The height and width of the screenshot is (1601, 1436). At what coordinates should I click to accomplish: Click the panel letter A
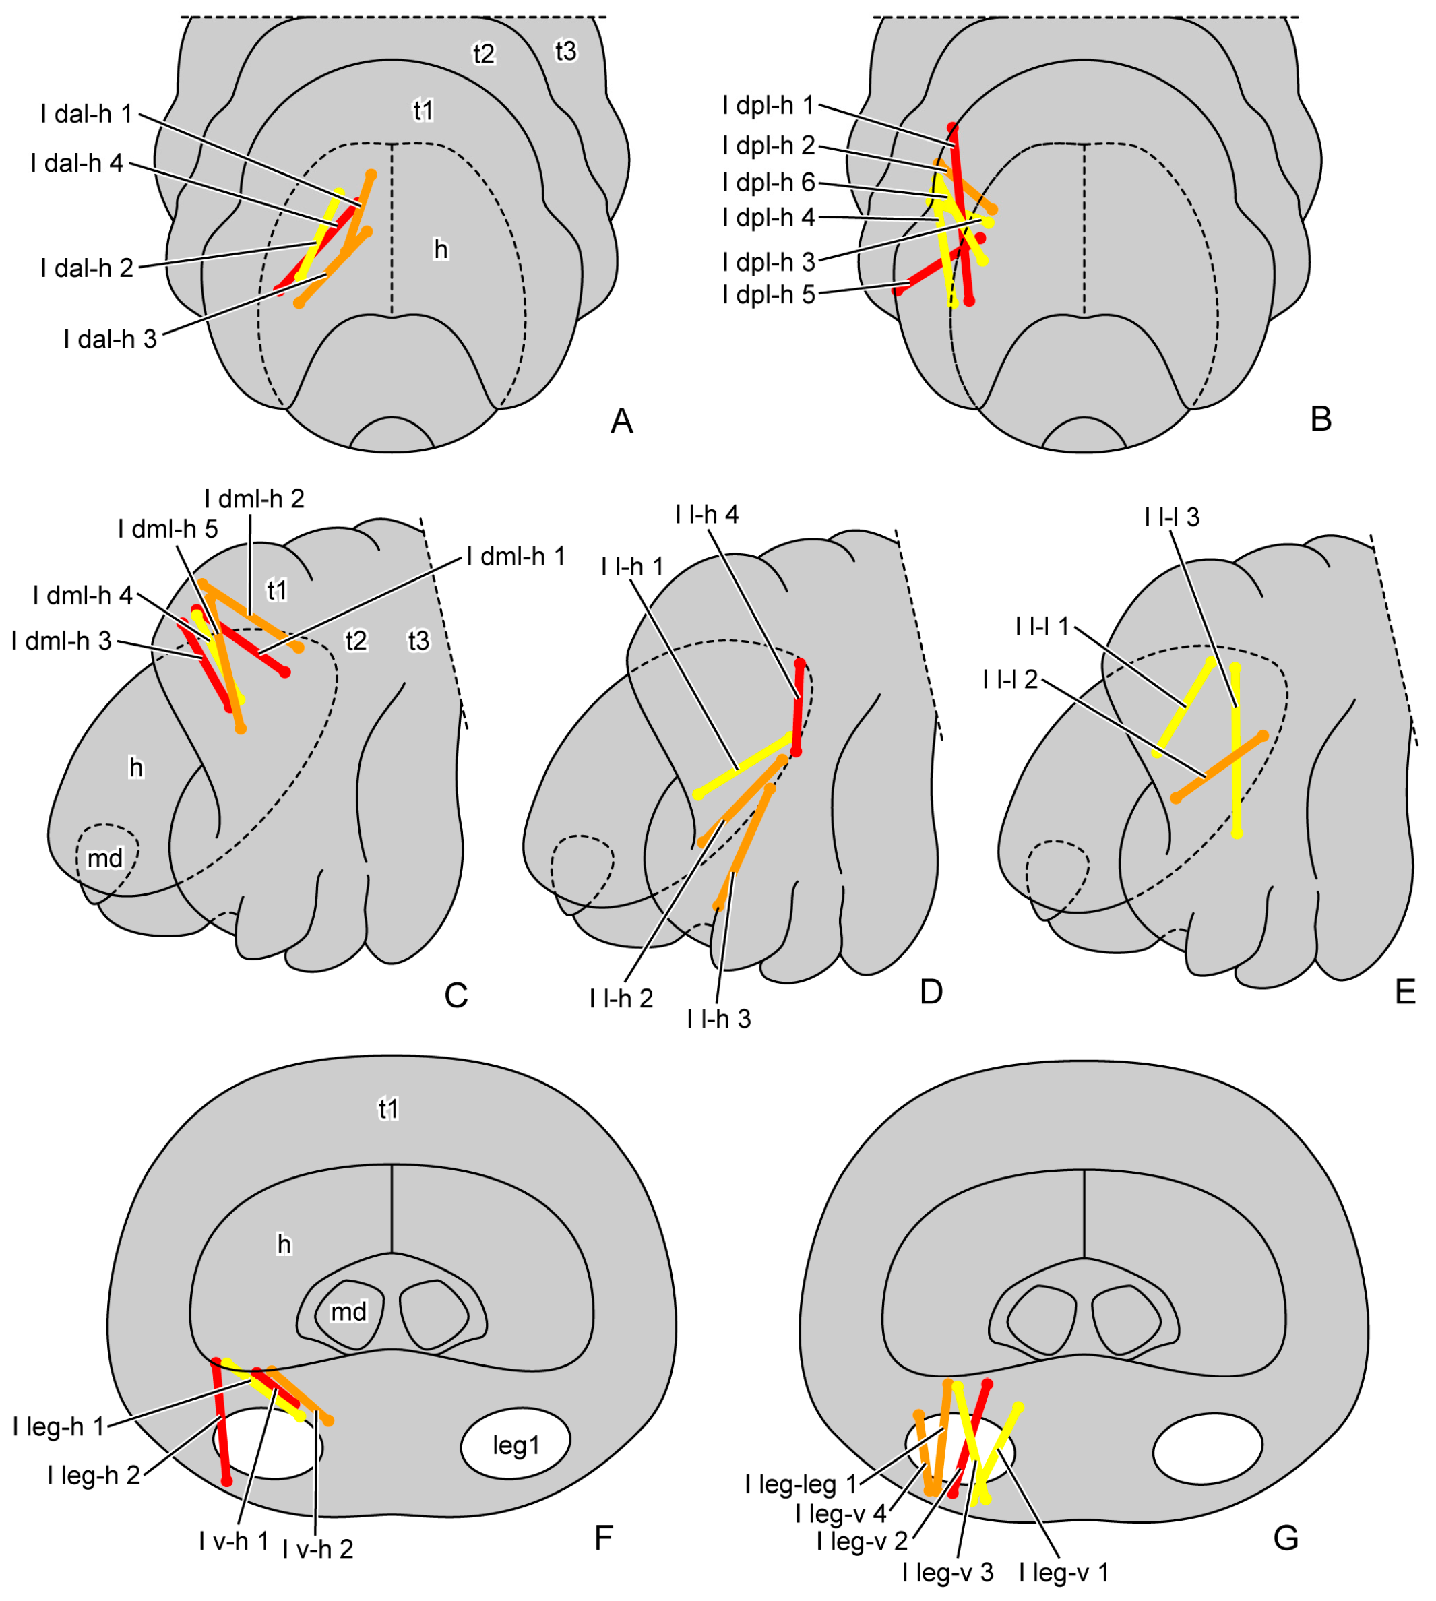pos(622,421)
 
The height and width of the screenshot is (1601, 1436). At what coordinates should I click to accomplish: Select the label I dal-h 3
pos(110,340)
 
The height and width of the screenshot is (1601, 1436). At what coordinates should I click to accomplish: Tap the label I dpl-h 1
pos(768,105)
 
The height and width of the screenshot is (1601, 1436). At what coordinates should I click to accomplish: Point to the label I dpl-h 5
pos(768,295)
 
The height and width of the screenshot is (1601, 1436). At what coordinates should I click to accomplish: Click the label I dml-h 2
pos(254,499)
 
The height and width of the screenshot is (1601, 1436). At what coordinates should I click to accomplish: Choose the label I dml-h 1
pos(516,557)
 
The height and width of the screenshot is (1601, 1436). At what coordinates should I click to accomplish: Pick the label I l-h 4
pos(707,515)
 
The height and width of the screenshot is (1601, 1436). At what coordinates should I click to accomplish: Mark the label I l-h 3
pos(719,1019)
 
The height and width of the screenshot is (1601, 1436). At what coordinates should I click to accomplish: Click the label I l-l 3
pos(1172,517)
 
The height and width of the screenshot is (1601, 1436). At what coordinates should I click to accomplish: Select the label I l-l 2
pos(1010,679)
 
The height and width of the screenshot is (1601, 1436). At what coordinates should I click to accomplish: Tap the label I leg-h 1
pos(59,1426)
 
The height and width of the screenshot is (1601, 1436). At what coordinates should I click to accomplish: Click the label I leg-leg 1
pos(801,1484)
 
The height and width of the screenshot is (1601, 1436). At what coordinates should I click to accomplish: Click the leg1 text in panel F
pos(516,1445)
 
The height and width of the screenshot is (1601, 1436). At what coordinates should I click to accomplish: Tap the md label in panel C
pos(105,858)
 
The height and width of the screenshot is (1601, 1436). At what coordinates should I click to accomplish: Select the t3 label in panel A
pos(566,51)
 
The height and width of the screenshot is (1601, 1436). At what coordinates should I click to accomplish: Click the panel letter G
pos(1286,1538)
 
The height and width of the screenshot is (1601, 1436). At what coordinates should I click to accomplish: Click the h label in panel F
pos(284,1245)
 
